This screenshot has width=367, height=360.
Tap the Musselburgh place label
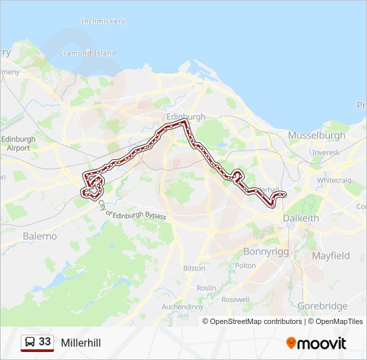pos(316,135)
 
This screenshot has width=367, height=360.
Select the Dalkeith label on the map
pos(302,218)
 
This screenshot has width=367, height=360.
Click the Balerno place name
pos(40,236)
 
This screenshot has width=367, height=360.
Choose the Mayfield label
pos(330,255)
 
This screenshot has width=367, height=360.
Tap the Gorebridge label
pos(322,306)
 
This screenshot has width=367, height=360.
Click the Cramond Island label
pos(87,53)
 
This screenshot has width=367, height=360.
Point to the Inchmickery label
pos(103,21)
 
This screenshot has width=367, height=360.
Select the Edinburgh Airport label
pos(19,143)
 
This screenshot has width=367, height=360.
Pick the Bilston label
pos(194,268)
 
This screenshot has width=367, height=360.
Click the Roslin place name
pos(206,287)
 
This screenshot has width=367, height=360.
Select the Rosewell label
pos(235,299)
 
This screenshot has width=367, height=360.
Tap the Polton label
pos(246,265)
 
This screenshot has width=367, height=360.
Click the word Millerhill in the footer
pos(81,343)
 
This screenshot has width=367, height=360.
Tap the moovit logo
pos(316,343)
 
